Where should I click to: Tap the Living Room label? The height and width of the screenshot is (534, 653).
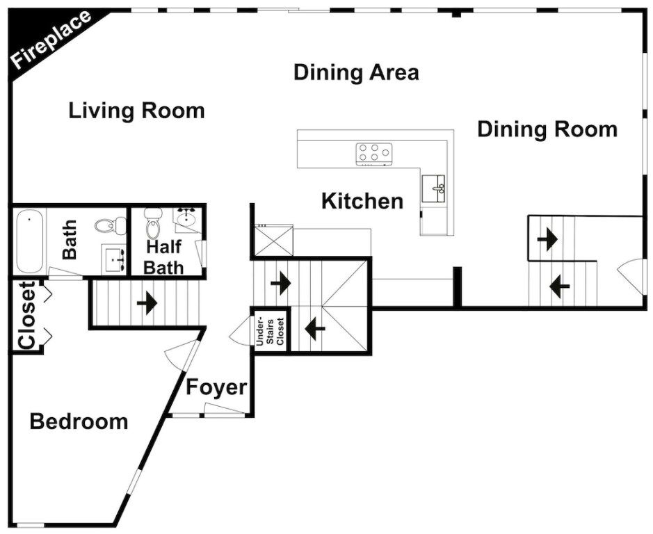tap(136, 111)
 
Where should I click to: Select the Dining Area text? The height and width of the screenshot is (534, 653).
tap(356, 72)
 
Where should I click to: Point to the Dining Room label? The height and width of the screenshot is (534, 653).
tap(547, 129)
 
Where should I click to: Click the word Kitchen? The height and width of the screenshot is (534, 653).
tap(362, 201)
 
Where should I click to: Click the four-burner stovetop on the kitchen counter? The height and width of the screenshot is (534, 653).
tap(374, 153)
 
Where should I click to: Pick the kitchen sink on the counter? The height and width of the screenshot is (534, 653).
tap(433, 188)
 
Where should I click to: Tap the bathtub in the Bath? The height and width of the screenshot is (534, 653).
tap(30, 241)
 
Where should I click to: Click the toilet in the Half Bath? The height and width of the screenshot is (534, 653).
tap(153, 222)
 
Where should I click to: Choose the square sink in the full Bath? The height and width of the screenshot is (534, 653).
tap(114, 259)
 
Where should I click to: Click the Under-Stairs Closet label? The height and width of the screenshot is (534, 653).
tap(270, 331)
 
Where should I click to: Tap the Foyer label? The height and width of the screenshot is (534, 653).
tap(216, 387)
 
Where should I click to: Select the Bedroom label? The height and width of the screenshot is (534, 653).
tap(79, 421)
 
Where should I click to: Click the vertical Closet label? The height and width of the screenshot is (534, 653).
tap(26, 315)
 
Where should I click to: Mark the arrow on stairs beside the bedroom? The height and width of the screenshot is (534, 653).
tap(147, 304)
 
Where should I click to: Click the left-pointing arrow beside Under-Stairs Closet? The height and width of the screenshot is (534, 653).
tap(315, 329)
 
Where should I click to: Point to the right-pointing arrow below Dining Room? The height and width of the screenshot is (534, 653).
tap(547, 240)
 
